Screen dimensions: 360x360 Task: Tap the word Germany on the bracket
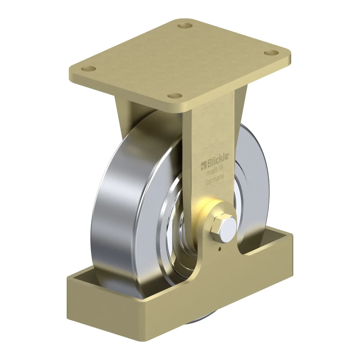[215, 181]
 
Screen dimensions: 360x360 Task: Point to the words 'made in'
[214, 171]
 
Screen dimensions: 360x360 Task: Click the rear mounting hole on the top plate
[185, 25]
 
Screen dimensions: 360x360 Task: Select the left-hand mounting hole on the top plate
[88, 69]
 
